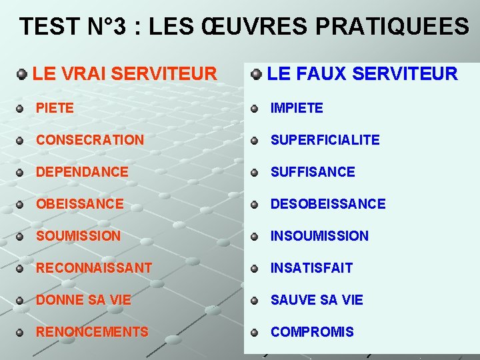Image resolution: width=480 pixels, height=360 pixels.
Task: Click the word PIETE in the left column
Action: (x=55, y=108)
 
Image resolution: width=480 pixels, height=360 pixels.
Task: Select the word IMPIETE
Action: (x=296, y=108)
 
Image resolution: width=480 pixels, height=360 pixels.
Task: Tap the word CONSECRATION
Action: (x=89, y=140)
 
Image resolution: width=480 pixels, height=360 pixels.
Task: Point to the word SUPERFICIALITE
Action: (x=325, y=140)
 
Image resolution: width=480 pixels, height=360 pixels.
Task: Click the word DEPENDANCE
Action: (x=82, y=172)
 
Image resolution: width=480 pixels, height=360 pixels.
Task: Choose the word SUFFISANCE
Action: (x=312, y=172)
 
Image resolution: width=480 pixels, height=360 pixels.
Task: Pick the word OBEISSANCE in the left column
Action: (x=79, y=204)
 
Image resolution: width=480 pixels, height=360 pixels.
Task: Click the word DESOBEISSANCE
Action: (x=327, y=204)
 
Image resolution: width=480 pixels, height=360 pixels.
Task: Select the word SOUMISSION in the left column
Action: (x=78, y=236)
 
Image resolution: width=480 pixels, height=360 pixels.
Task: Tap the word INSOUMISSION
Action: (x=319, y=236)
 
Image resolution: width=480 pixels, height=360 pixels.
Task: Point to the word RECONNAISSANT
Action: (x=94, y=268)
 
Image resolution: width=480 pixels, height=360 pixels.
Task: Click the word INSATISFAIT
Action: (x=311, y=268)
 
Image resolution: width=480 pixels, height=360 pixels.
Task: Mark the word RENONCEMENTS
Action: (x=92, y=332)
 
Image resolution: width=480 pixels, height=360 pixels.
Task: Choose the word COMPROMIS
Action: (x=311, y=332)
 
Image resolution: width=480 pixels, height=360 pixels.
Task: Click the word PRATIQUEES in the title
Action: (x=392, y=27)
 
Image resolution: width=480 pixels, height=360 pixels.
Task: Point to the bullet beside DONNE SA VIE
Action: (x=21, y=301)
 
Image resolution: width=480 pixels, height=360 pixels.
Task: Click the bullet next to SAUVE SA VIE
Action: (x=254, y=301)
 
